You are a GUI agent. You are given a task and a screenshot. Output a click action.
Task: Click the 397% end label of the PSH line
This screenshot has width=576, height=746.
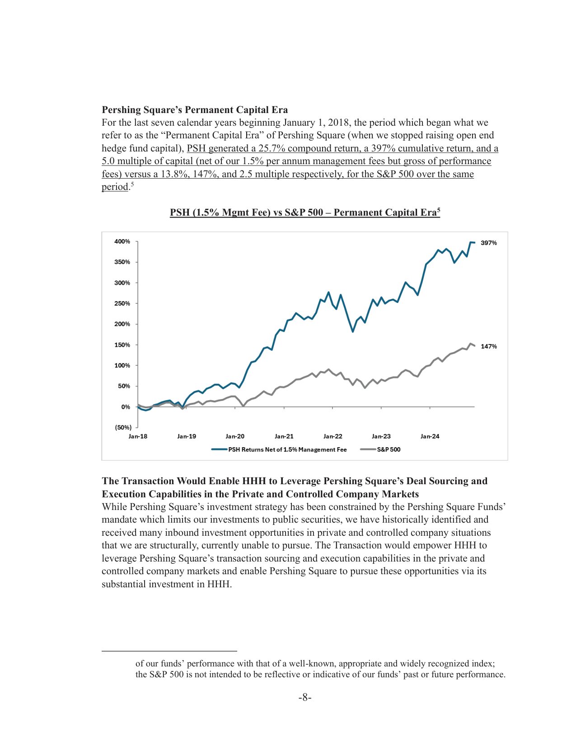coord(488,243)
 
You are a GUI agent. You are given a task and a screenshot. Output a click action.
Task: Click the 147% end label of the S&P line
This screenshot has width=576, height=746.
coord(488,346)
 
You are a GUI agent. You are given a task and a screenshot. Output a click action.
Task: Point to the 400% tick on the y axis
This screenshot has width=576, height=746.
coord(122,241)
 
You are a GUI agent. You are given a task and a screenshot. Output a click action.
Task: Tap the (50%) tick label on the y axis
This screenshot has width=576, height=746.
coord(122,427)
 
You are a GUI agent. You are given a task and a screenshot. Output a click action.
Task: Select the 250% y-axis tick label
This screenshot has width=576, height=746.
coord(122,303)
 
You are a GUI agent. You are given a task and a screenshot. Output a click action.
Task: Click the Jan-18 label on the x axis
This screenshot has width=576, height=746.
coord(138,436)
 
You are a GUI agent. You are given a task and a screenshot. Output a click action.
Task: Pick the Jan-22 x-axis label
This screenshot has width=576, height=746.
coord(332,436)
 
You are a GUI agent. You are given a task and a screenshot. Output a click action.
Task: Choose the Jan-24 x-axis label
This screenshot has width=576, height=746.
coord(430,436)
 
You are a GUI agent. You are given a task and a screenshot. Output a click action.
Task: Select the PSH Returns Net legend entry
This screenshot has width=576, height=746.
coord(287,449)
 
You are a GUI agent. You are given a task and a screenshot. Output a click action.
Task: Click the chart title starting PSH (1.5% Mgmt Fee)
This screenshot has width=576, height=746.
coord(304,212)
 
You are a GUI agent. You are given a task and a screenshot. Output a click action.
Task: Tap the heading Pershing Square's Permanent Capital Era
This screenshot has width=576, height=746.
coord(195,110)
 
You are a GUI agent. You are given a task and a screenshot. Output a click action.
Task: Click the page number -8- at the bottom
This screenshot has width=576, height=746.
coord(305,698)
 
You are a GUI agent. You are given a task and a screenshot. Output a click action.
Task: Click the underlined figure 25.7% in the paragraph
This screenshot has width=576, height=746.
coord(272,148)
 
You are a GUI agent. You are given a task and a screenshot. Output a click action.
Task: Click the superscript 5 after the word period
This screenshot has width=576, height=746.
coord(132,184)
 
